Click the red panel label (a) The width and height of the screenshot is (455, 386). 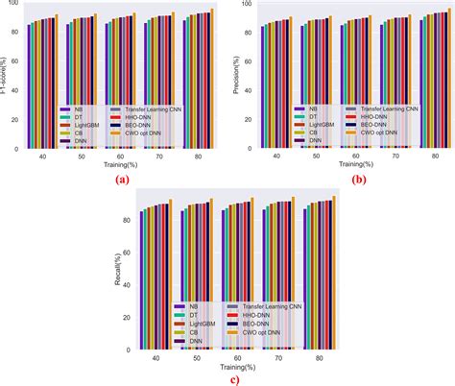tap(121, 180)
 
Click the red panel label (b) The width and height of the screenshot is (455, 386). tap(357, 180)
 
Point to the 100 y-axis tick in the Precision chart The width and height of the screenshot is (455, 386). tap(248, 5)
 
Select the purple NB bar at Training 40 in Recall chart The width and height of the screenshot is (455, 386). tap(142, 278)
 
